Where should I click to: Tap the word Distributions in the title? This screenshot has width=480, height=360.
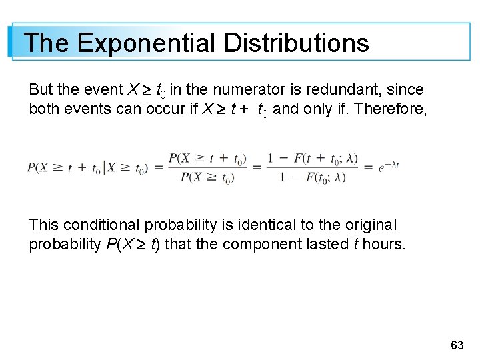[x=296, y=43]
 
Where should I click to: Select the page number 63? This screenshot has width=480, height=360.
[x=457, y=345]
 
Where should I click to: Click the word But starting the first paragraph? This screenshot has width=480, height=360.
[x=41, y=89]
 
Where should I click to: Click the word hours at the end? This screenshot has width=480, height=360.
[x=385, y=244]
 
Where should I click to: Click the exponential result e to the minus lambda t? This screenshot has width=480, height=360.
[x=388, y=167]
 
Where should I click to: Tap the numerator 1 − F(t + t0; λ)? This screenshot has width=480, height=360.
[x=313, y=159]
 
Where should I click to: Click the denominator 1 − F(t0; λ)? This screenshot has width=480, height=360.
[x=313, y=177]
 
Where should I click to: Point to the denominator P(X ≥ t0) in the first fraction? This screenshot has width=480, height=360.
[x=207, y=177]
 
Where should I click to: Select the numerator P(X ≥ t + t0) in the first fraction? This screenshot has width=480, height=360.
[x=207, y=159]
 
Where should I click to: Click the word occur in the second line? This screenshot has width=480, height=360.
[x=168, y=109]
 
